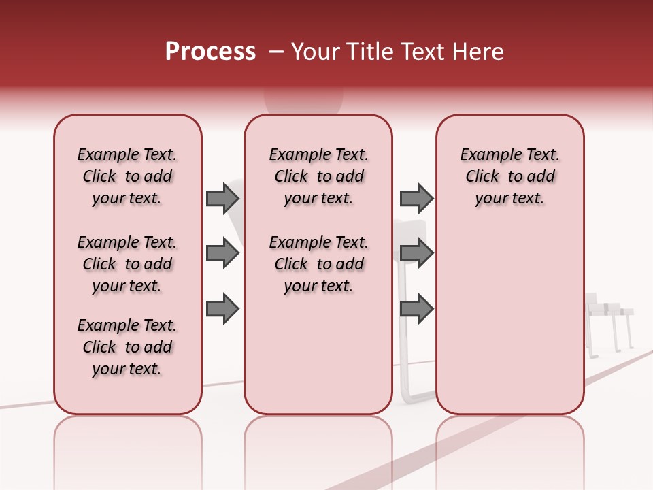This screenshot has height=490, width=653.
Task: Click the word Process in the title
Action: pyautogui.click(x=210, y=52)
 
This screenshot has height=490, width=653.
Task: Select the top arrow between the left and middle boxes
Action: pyautogui.click(x=222, y=198)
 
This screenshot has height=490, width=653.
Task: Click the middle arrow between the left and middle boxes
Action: pyautogui.click(x=222, y=254)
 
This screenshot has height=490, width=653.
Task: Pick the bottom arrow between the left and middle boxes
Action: pyautogui.click(x=222, y=309)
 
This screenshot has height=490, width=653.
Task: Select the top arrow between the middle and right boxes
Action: pyautogui.click(x=416, y=198)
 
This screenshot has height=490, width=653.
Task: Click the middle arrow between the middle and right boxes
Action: pyautogui.click(x=416, y=254)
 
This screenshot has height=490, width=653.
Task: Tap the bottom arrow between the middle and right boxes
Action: pyautogui.click(x=416, y=309)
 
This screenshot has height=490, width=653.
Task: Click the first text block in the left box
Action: pyautogui.click(x=127, y=176)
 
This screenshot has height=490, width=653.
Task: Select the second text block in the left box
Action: pyautogui.click(x=127, y=264)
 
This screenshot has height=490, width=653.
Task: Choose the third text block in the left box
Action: pyautogui.click(x=127, y=347)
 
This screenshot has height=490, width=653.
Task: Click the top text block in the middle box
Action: pyautogui.click(x=318, y=176)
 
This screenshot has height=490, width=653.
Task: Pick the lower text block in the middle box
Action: pyautogui.click(x=318, y=264)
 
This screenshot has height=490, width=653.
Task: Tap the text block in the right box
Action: pyautogui.click(x=509, y=176)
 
